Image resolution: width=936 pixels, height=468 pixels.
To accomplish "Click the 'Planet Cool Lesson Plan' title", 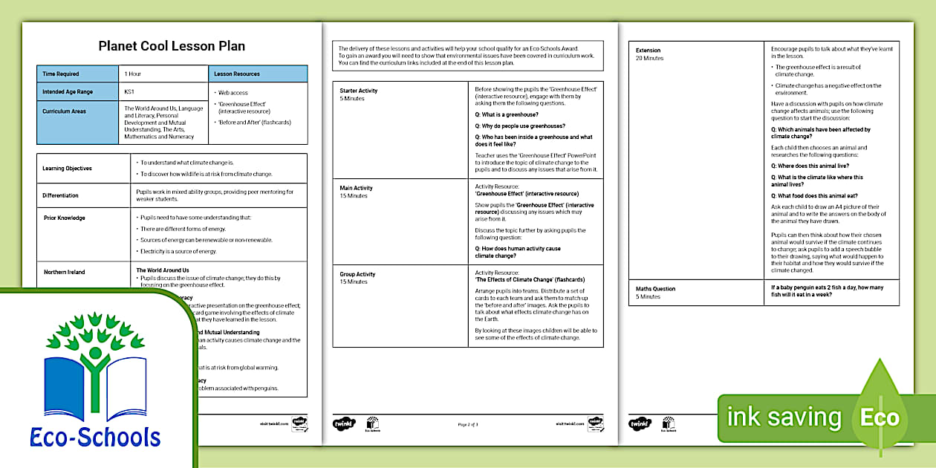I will tap(172, 46).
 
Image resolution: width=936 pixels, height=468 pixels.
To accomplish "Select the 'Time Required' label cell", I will tap(61, 74).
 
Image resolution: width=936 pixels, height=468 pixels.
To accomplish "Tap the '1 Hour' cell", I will tap(133, 74).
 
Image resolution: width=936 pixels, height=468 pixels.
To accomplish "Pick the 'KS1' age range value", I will tap(129, 91).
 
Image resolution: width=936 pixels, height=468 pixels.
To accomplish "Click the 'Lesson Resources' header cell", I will tap(237, 74).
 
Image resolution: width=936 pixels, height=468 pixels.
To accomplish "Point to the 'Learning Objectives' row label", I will tap(67, 168).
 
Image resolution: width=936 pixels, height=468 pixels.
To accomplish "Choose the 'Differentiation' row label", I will tap(60, 195).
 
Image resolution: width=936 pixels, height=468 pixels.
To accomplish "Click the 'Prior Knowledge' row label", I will tap(64, 218).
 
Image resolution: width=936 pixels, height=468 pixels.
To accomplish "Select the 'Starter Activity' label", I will tap(359, 91).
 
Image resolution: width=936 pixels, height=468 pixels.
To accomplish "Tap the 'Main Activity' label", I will tap(356, 189).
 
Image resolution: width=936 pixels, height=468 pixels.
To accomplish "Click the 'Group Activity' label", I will tap(357, 274).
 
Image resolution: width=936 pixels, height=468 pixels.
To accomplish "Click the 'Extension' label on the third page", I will tap(648, 51).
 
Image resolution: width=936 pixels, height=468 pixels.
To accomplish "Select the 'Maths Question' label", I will tap(655, 288).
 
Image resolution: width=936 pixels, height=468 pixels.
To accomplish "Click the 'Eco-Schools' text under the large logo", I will tap(96, 437).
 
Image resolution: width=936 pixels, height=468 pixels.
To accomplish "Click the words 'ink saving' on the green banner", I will tap(784, 417).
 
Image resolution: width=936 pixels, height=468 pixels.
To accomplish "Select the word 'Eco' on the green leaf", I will tap(880, 417).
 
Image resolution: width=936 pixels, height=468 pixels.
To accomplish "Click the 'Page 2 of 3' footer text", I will tap(468, 424).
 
